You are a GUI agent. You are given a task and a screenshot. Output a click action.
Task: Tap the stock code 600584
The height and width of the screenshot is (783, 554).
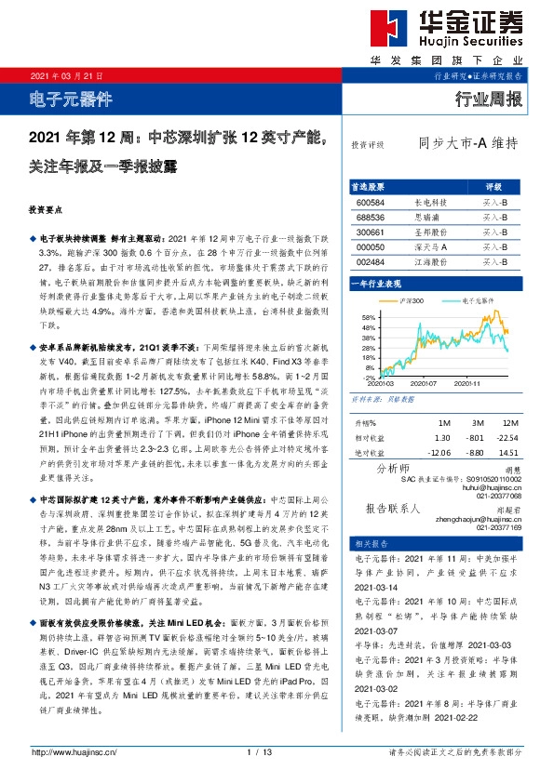click(x=371, y=201)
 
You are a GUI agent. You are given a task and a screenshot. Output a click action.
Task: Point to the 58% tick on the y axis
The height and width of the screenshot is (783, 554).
click(x=369, y=318)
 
